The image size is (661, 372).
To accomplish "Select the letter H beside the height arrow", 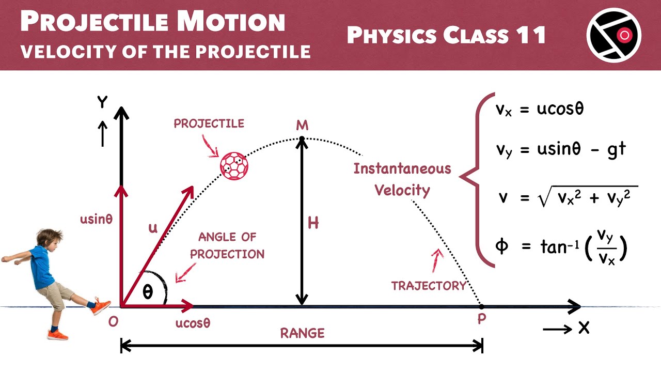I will point(313,223).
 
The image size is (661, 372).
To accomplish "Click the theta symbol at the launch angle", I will point(148,292).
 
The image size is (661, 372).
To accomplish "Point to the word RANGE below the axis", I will point(302,333).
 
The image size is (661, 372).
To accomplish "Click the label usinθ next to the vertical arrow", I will point(96,219).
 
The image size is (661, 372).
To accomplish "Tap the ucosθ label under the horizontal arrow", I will point(193,323).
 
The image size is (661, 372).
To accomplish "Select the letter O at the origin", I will point(113,321).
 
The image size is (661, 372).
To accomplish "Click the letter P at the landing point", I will point(481,319).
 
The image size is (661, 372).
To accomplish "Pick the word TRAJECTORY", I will point(429,286).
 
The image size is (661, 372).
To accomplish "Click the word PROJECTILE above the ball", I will point(209,123).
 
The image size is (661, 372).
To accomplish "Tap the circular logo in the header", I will point(614,35).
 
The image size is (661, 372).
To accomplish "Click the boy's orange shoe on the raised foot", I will point(102,306).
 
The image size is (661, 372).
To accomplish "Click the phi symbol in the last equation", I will point(501,246).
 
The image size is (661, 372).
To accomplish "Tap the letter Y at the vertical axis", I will point(102,102).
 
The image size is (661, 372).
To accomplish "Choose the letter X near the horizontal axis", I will point(584,328).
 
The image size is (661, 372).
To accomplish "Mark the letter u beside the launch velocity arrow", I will point(153,228).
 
